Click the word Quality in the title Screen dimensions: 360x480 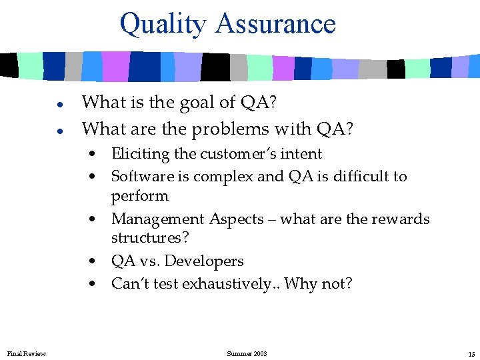coord(163,24)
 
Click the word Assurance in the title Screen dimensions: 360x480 coord(275,23)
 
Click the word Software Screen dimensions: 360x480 coord(140,176)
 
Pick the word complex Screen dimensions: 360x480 coord(223,177)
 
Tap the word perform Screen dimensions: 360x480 coord(139,197)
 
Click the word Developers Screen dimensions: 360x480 coord(205,261)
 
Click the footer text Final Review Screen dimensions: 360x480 coord(26,353)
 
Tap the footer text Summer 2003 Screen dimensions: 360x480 coord(247,353)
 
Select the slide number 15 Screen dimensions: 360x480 coord(471,353)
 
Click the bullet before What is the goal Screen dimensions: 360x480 coord(59,104)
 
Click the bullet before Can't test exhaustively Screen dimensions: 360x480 coord(97,285)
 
